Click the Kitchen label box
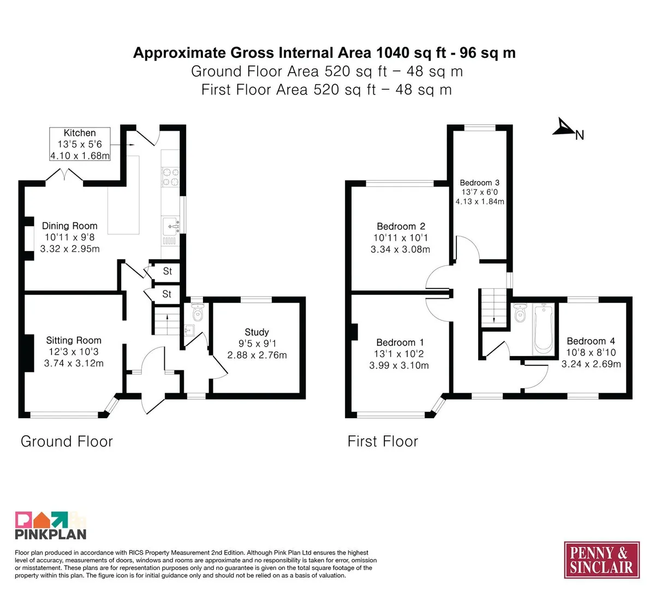coord(80,144)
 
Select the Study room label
coord(257,332)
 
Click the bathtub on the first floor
coord(543,329)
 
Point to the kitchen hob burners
coord(170,177)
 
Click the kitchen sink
coord(171,226)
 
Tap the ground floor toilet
coord(198,312)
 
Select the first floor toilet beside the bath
coord(520,313)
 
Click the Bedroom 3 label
coord(479,183)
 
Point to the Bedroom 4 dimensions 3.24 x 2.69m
coord(591,364)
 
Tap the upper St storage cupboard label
coord(167,271)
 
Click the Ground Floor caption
coord(67,442)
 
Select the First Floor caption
coord(383,442)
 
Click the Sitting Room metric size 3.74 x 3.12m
coord(74,363)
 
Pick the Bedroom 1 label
coord(400,342)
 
